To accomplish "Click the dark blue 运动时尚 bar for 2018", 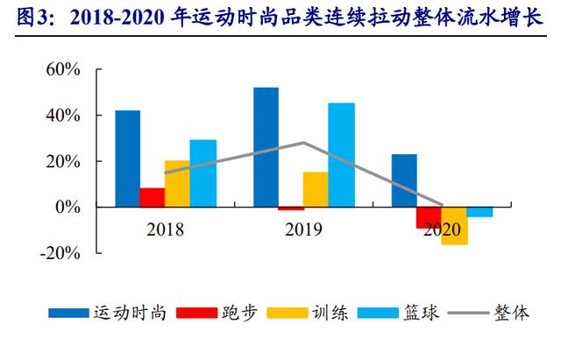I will pos(127,159).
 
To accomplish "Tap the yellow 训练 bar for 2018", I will pos(177,184).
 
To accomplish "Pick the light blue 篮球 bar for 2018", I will pos(202,173).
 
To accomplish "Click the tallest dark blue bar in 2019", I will pos(266,147).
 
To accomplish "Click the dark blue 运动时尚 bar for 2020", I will pos(404,180).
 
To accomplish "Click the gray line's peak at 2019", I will pos(303,142).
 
